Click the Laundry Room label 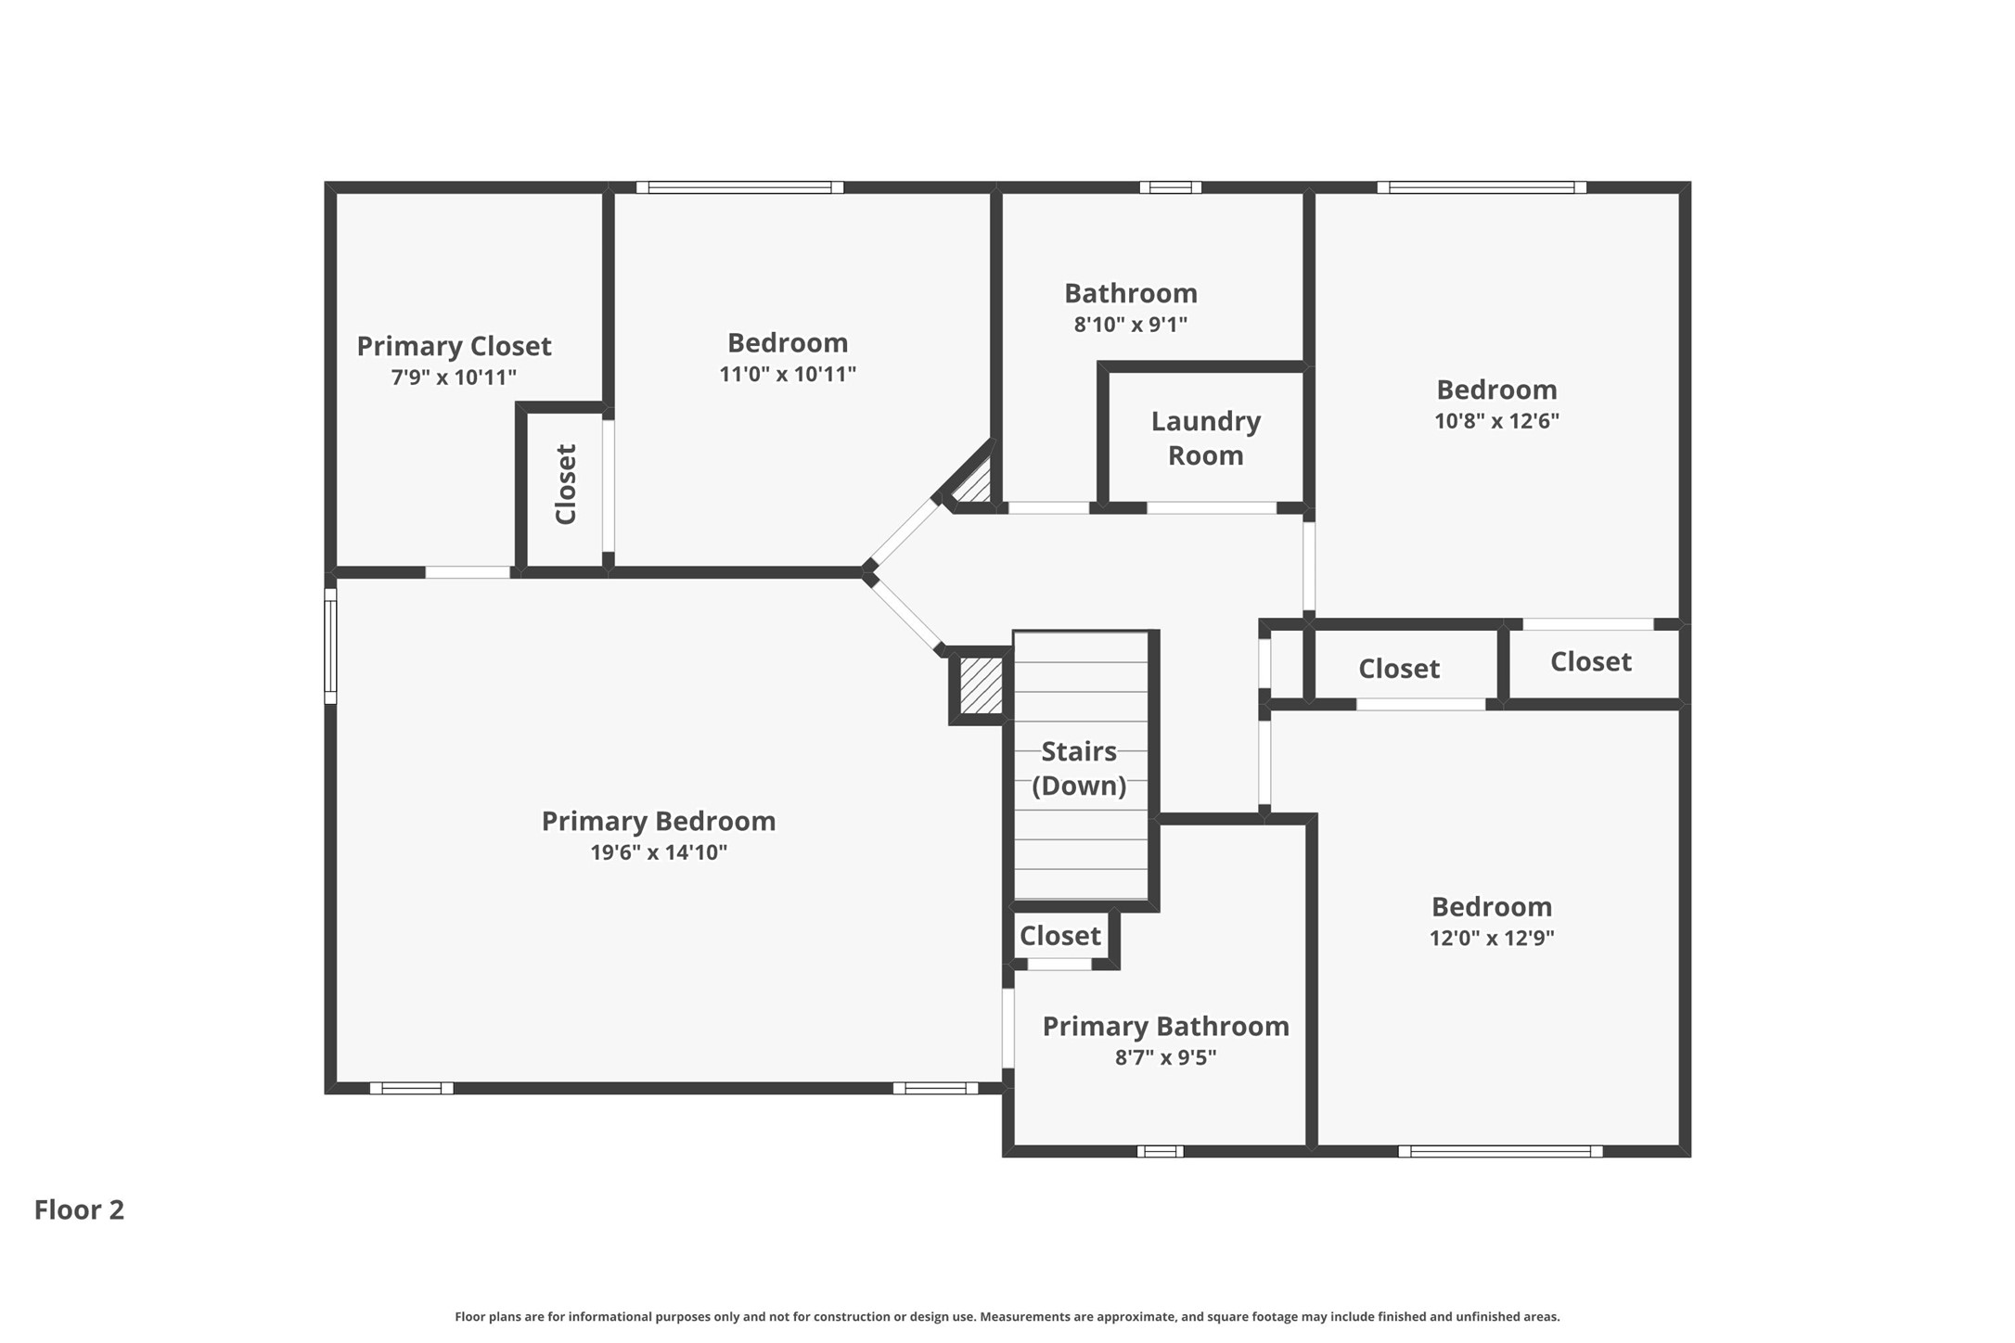(1205, 438)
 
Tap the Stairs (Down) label (1079, 768)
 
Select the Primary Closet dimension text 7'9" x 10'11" (454, 377)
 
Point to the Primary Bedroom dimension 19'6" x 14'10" (659, 852)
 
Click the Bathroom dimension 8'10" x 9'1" (1131, 325)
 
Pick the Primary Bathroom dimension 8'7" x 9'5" (1165, 1057)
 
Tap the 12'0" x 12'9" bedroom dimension (1492, 938)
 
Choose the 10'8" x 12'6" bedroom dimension (1496, 420)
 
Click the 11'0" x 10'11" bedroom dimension (788, 374)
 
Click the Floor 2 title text (79, 1209)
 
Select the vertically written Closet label (566, 484)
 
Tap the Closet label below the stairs (1060, 936)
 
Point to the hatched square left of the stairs (981, 685)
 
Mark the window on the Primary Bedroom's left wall (330, 646)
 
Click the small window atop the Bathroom (1171, 187)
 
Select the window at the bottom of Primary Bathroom (1161, 1151)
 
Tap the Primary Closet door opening (468, 572)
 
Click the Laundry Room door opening (1212, 508)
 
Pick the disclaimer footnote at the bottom (1007, 1316)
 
